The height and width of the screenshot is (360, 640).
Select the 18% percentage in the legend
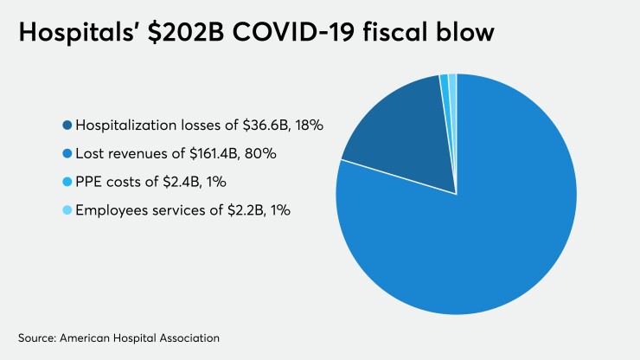click(307, 125)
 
